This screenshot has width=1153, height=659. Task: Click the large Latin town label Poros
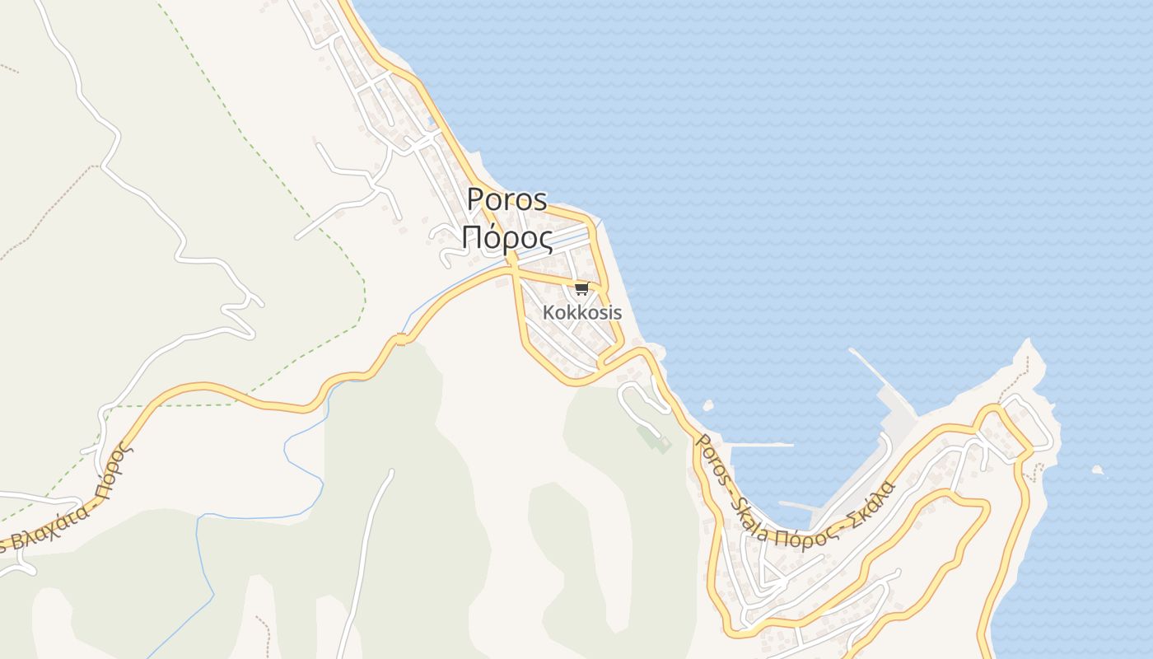click(506, 200)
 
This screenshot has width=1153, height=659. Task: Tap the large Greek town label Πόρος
click(506, 237)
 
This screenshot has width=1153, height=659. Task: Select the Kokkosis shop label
click(581, 313)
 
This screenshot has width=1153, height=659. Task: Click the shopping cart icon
click(581, 288)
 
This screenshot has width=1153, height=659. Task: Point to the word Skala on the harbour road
click(749, 516)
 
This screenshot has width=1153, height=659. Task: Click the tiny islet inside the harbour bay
click(707, 405)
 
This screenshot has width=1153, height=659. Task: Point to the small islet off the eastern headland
click(1097, 470)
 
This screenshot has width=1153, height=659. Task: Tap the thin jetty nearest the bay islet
click(762, 445)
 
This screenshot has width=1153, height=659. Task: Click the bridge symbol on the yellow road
click(400, 339)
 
